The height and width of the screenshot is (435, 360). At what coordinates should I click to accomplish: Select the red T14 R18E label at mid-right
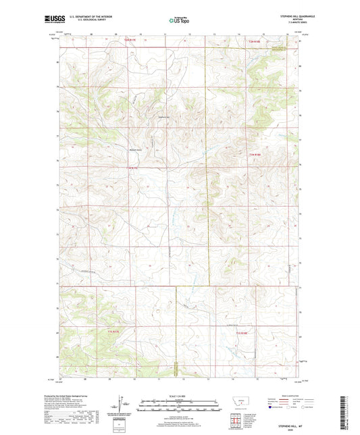(x=254, y=155)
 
